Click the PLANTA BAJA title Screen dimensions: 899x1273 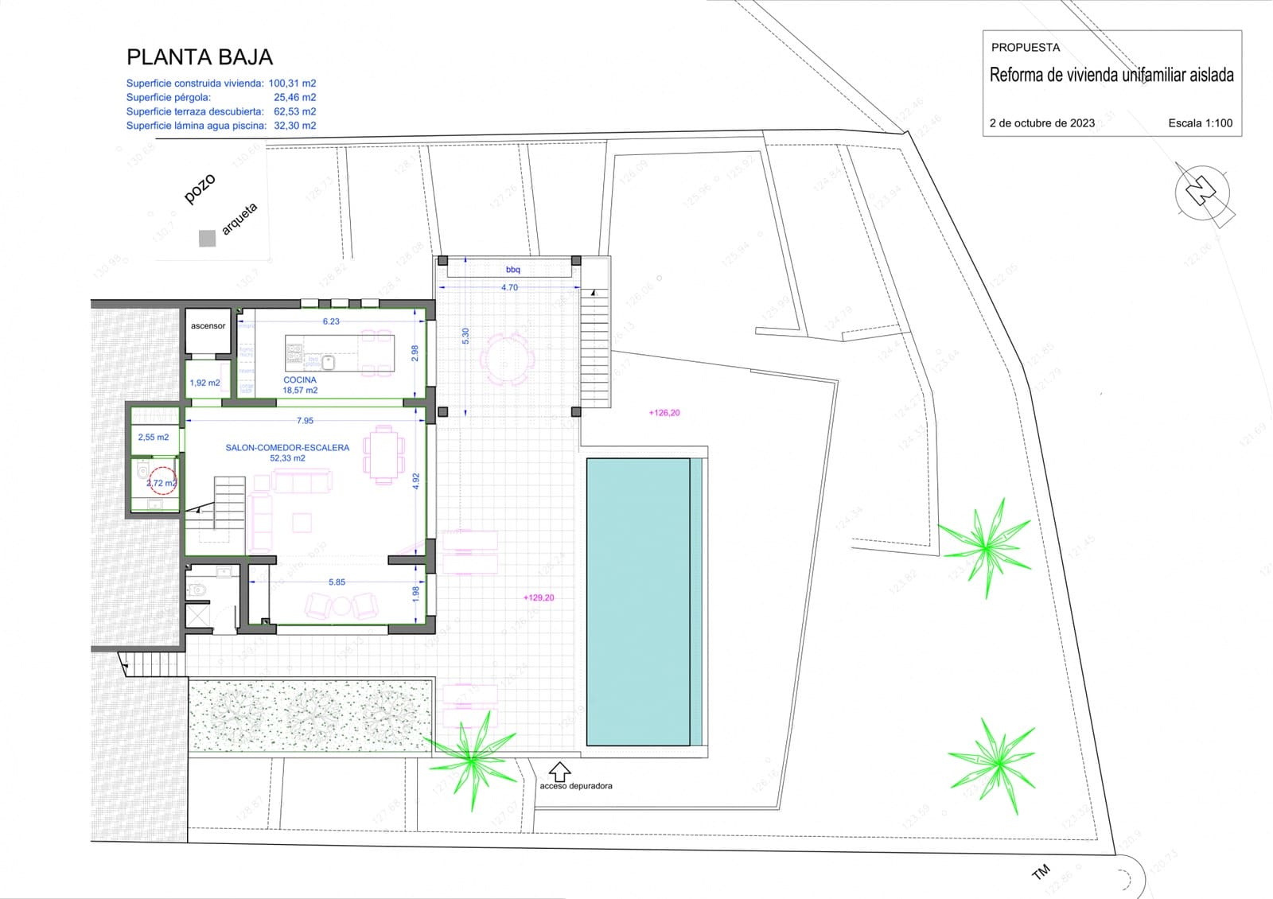click(x=200, y=57)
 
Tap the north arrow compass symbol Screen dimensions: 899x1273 click(x=1202, y=193)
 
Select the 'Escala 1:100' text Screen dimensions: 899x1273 click(x=1200, y=123)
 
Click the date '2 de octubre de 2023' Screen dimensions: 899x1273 click(x=1041, y=123)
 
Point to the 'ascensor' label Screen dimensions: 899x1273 click(x=208, y=326)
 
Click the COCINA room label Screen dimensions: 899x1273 click(x=300, y=380)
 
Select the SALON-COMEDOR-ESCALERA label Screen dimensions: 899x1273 click(x=287, y=448)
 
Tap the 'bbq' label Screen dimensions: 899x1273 click(x=512, y=270)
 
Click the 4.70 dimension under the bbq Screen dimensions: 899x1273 click(x=509, y=288)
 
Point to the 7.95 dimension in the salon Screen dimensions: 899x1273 click(x=305, y=421)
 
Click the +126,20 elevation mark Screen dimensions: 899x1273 click(x=664, y=413)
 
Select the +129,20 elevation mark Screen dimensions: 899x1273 click(x=539, y=597)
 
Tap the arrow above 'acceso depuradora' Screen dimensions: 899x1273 click(x=560, y=770)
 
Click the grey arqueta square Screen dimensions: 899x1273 click(x=207, y=238)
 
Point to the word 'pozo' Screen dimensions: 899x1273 click(x=200, y=189)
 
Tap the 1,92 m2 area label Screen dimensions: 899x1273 click(x=204, y=383)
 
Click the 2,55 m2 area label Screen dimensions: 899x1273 click(x=153, y=438)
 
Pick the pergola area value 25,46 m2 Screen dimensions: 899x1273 click(x=294, y=98)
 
